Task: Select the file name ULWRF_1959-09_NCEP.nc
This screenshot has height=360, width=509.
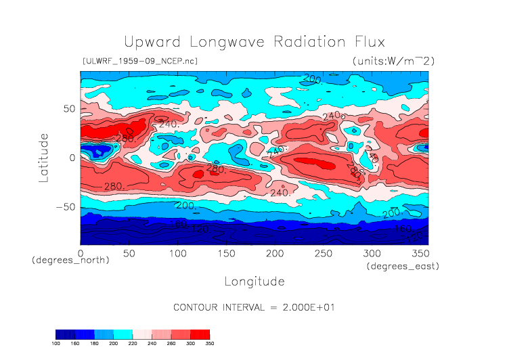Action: tap(139, 62)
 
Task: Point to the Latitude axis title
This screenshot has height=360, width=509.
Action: tap(43, 157)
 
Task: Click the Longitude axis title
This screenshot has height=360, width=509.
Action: tap(254, 281)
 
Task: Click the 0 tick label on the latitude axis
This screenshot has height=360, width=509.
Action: tap(71, 158)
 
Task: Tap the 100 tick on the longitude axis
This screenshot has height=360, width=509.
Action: tap(177, 253)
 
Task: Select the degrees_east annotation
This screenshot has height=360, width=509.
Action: tap(403, 267)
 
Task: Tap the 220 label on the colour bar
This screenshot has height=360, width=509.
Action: tap(133, 343)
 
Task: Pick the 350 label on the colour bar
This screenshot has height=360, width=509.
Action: tap(210, 343)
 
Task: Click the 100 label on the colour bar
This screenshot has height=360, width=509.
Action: tap(56, 343)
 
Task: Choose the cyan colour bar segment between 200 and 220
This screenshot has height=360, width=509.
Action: tap(123, 334)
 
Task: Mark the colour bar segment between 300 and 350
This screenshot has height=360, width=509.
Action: tap(200, 334)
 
